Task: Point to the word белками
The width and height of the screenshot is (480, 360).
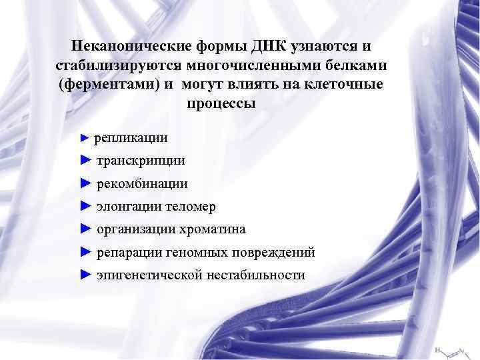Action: [x=355, y=66]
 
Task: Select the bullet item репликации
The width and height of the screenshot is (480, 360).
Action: [x=131, y=138]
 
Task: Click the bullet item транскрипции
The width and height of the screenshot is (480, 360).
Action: [x=141, y=161]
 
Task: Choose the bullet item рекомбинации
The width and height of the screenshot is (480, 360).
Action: [x=142, y=183]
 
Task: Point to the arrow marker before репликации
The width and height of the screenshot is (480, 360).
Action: [x=83, y=139]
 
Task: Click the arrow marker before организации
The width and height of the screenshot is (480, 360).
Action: [x=84, y=229]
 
